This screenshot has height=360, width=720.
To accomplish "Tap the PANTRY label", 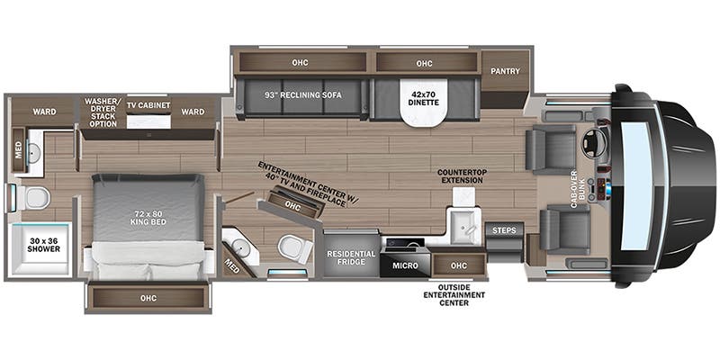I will (504, 72).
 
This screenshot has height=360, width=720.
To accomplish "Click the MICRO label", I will (403, 265).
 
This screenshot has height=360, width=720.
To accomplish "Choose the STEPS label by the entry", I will (504, 231).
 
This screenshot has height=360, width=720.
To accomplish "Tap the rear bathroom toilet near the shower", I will (37, 197).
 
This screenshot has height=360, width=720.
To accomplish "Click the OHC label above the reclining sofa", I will (300, 64).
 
